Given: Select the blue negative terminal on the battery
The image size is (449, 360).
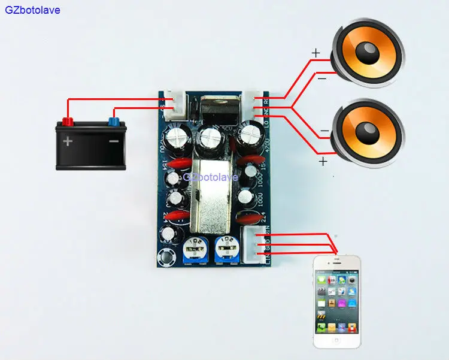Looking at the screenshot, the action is click(x=112, y=122).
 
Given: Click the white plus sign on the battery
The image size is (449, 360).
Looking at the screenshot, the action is click(x=68, y=143).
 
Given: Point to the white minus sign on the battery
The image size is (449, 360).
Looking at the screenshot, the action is click(x=114, y=143).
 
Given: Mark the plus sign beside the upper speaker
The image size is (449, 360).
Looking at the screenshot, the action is click(x=315, y=53).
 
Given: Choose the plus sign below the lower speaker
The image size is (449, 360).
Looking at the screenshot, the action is click(x=323, y=161).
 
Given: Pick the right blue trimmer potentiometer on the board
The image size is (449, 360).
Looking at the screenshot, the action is click(x=225, y=246).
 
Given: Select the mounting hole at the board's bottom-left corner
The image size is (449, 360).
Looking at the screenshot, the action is click(x=165, y=258).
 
